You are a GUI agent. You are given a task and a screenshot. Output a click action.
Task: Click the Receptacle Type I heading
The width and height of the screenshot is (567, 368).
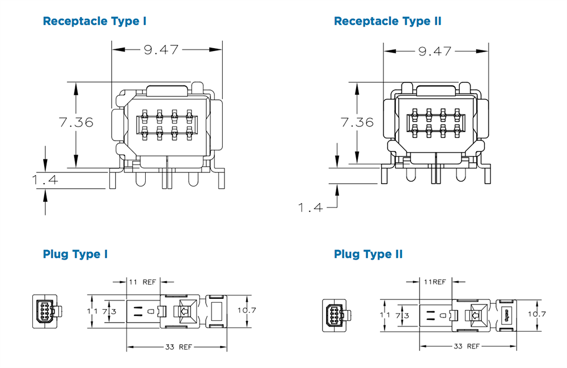[x=95, y=22]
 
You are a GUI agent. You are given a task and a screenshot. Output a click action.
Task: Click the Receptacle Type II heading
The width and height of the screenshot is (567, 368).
[x=387, y=22]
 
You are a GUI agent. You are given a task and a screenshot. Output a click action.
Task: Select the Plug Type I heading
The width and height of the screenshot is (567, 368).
[x=75, y=254]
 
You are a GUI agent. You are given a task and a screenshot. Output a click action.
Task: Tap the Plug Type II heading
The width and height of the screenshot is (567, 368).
[x=368, y=254]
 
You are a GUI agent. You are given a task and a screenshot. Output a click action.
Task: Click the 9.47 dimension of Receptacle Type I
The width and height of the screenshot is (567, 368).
[x=161, y=50]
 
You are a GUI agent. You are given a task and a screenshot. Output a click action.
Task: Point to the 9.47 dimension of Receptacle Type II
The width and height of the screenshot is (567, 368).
[x=435, y=51]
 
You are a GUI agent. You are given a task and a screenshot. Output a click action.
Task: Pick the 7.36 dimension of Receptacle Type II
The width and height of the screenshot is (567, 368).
[x=357, y=122]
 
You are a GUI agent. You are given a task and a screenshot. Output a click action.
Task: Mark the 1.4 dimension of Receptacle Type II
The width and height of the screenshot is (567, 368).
[x=311, y=208]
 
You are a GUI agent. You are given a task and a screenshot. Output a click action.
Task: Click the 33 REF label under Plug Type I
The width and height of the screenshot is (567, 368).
[x=177, y=346]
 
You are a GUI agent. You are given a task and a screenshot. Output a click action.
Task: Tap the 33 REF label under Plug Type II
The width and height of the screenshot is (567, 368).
[x=466, y=345]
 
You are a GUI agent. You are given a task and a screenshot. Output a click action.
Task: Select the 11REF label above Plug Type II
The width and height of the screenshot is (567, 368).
[x=435, y=281]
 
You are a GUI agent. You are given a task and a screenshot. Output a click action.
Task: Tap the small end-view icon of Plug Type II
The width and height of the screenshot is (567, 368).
[x=335, y=314]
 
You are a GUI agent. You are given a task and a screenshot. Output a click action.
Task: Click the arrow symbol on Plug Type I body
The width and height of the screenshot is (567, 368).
[x=184, y=311]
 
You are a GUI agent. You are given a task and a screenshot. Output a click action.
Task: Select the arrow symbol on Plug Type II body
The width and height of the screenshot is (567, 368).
[x=475, y=314]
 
